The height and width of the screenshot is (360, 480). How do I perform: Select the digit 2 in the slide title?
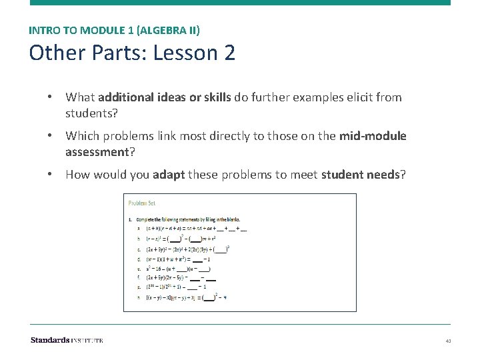(x=229, y=53)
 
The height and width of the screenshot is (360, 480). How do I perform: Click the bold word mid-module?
(x=372, y=136)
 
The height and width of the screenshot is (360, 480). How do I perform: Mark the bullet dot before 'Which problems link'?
(x=50, y=136)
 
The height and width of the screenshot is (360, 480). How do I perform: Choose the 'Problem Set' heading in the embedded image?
(x=142, y=203)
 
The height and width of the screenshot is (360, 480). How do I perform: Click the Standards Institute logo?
(x=67, y=340)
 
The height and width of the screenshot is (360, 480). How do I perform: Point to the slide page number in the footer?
(x=449, y=341)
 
